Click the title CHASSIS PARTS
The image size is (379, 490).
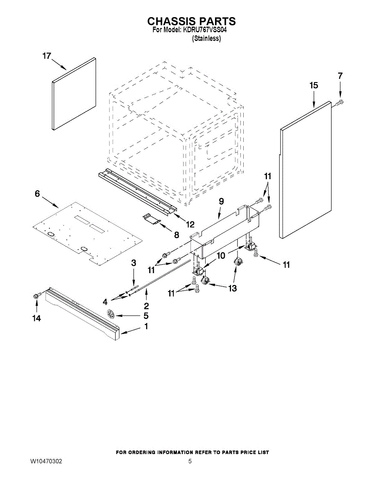(191, 21)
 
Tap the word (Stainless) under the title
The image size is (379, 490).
(206, 39)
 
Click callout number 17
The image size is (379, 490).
(47, 56)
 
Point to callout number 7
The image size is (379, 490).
(340, 76)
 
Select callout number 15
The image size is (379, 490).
(314, 86)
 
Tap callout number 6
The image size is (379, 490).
(37, 194)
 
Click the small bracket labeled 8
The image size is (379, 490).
(152, 219)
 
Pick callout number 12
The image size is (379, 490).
(190, 224)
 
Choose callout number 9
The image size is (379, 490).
(221, 201)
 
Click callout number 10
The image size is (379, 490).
(220, 256)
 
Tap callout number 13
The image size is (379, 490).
(232, 288)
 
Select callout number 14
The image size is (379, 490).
(37, 318)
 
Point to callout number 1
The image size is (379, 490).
(146, 327)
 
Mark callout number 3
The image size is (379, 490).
(133, 263)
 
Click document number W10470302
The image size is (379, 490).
(46, 461)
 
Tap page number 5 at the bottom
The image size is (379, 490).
(190, 461)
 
